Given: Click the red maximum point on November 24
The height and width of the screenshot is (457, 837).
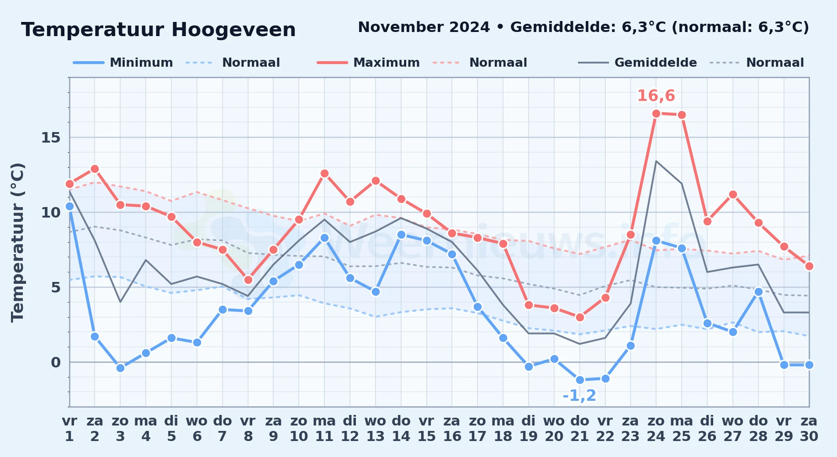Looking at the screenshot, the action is pos(656,113).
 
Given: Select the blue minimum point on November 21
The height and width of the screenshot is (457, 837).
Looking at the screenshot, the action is pos(580,380).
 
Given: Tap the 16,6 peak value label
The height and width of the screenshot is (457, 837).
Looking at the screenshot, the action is pos(656,96).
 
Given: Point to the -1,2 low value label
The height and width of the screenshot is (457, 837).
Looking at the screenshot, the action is pos(580,395).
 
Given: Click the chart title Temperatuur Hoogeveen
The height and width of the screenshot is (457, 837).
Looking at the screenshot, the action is pos(159,30).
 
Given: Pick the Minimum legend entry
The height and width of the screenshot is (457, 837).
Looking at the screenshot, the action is pos(123,63).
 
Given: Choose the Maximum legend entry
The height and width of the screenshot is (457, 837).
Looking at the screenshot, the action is pos(368,63).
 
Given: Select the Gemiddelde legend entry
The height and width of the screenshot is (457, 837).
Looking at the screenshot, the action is pos(638,63).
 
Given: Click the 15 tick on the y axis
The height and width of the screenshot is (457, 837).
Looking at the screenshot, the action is pos(51,138).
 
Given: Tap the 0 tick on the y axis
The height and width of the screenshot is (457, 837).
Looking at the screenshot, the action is pos(56,362).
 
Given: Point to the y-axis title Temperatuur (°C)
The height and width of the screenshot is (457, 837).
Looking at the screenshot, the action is pos(17,242).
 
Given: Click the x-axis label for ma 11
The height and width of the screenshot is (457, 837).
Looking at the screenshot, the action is pos(324,429).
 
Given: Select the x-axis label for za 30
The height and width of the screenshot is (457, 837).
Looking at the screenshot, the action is pos(809,429).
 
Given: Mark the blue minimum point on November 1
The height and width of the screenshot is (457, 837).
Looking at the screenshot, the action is pos(69,206).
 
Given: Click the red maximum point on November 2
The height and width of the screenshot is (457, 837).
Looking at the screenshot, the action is pos(95,169).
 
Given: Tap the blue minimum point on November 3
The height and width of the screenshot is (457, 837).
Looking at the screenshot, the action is pos(120,368).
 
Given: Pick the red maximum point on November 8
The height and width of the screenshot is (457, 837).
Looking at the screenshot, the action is pos(248,280).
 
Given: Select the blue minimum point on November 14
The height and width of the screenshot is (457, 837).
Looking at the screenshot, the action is pos(401,234).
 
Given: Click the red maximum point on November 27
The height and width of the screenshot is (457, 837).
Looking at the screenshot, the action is pos(733,194).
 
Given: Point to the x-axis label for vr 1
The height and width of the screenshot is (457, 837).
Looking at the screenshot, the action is pos(69,429).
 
